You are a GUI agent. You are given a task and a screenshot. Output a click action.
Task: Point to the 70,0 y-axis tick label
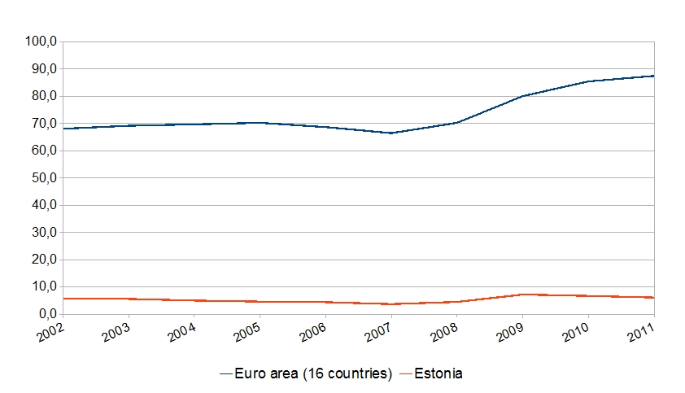tap(41, 124)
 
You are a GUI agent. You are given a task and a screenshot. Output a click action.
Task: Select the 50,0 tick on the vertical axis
tap(41, 178)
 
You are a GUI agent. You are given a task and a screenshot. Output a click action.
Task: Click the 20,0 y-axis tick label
tap(41, 260)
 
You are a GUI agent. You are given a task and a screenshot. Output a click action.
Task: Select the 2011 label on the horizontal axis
tap(641, 333)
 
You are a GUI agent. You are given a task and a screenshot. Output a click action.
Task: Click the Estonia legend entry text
tap(439, 373)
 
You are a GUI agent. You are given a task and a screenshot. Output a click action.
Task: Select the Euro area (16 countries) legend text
tap(313, 373)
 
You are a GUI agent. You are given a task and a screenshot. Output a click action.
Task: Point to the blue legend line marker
tap(226, 373)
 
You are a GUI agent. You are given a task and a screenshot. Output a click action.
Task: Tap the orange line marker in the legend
tap(405, 373)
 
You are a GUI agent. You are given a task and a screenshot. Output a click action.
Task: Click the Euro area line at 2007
tap(391, 133)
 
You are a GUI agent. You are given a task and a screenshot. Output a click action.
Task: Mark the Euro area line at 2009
tap(523, 96)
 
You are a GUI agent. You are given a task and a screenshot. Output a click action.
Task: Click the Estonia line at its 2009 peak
tap(523, 295)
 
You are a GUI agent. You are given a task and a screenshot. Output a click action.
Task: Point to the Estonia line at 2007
tap(391, 304)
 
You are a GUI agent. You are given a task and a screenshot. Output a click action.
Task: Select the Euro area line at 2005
tap(260, 123)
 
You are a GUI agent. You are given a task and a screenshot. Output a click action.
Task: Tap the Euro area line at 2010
tap(589, 81)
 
